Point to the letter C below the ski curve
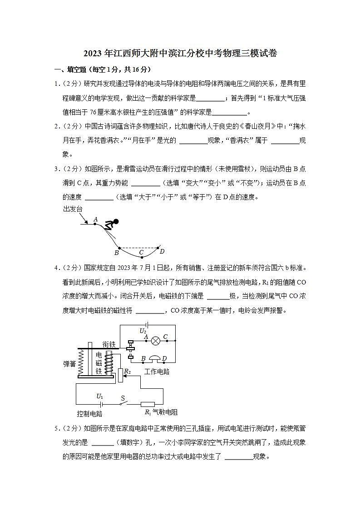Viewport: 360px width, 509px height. [x=141, y=253]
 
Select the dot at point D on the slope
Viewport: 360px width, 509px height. [x=158, y=248]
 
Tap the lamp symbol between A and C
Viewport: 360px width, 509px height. [x=156, y=340]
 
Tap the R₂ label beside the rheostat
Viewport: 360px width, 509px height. [x=128, y=372]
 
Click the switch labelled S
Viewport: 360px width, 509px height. [x=122, y=404]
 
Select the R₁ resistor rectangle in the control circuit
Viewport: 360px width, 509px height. [x=148, y=404]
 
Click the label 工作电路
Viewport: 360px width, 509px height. [x=157, y=371]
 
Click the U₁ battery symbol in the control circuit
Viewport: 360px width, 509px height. [x=101, y=404]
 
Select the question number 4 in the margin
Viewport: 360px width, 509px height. [x=57, y=268]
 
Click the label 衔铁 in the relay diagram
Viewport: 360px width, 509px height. [x=109, y=344]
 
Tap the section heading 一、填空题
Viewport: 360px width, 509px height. [x=70, y=69]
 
